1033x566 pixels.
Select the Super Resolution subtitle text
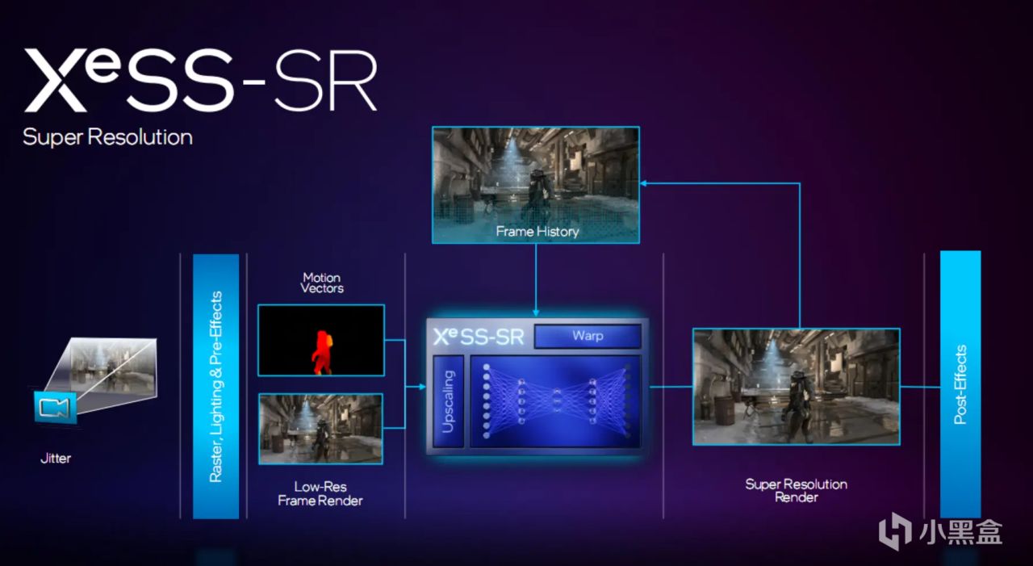click(107, 136)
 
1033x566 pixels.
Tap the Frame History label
click(537, 232)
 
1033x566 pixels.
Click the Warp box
click(588, 335)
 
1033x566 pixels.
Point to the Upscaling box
click(449, 401)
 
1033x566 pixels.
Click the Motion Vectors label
click(321, 283)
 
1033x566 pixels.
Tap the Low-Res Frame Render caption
click(320, 494)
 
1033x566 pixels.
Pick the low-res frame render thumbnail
click(320, 429)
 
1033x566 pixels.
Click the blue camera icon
click(56, 408)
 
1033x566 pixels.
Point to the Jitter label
click(56, 459)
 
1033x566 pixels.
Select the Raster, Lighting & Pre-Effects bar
click(215, 386)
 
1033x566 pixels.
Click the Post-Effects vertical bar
click(960, 384)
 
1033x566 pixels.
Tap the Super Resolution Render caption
click(796, 490)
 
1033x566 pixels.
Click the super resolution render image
click(796, 386)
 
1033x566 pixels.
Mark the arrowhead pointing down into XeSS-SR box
click(536, 312)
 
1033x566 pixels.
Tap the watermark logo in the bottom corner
click(940, 531)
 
